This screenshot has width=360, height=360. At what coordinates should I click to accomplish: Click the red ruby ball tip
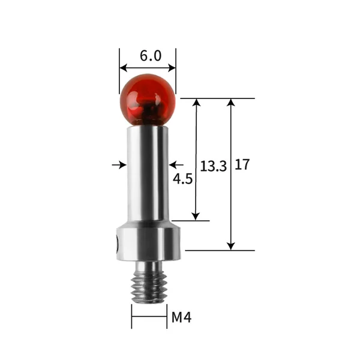pyautogui.click(x=148, y=100)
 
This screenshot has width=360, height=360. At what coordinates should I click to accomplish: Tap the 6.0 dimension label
pyautogui.click(x=151, y=56)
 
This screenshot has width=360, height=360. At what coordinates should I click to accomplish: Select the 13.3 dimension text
pyautogui.click(x=213, y=166)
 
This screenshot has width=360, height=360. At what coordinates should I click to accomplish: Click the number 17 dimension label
pyautogui.click(x=242, y=164)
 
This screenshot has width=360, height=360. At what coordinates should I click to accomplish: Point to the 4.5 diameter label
pyautogui.click(x=182, y=179)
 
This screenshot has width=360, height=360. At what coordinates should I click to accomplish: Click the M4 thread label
pyautogui.click(x=181, y=317)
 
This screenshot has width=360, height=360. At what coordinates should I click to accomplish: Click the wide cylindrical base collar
pyautogui.click(x=149, y=244)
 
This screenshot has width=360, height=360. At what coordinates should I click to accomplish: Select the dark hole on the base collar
pyautogui.click(x=118, y=244)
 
